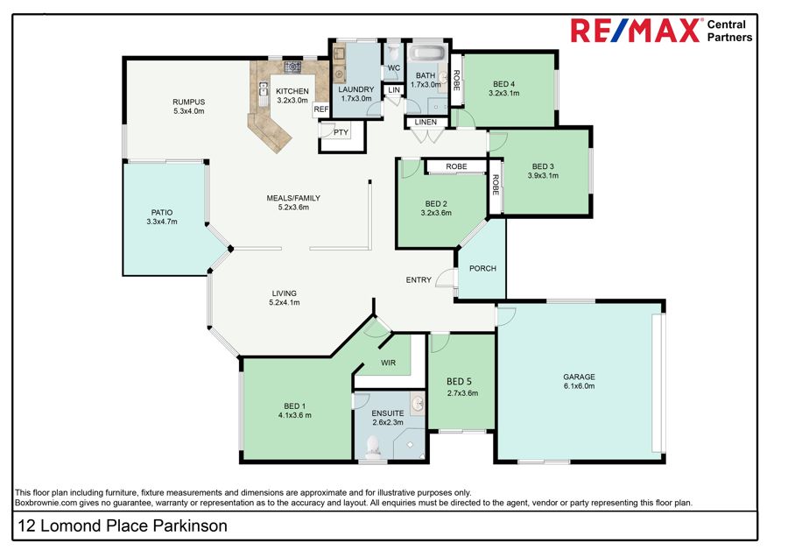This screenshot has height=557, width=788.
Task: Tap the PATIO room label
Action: (162, 216)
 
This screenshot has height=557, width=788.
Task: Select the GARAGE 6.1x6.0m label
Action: (579, 381)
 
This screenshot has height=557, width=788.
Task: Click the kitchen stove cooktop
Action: (292, 67)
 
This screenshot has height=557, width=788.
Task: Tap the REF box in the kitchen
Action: (321, 109)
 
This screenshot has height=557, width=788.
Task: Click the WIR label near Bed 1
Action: (390, 362)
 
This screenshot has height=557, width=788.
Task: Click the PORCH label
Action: (482, 268)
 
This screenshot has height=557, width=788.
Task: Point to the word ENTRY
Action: (419, 280)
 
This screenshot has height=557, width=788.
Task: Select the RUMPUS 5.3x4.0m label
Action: (188, 106)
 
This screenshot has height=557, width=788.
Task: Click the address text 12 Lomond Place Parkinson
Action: (123, 525)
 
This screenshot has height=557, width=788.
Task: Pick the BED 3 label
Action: (543, 171)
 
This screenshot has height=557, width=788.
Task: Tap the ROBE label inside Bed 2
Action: (456, 166)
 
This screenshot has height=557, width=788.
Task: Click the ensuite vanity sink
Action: (418, 405)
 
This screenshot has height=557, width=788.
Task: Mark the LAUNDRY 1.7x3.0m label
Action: (356, 94)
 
